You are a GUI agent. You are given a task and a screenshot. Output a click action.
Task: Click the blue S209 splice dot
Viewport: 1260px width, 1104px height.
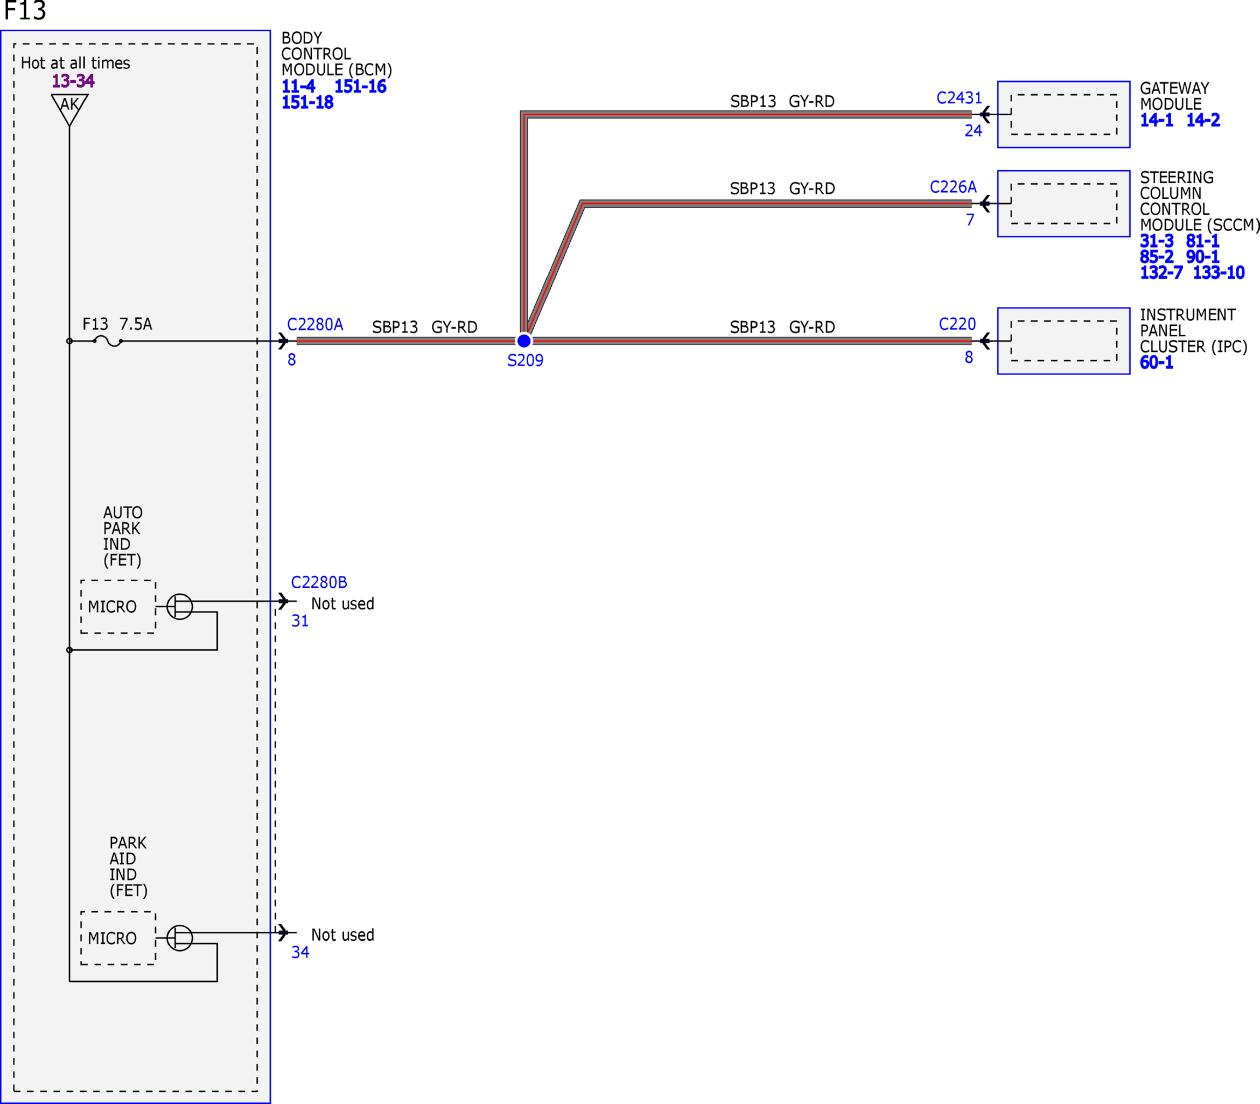524,341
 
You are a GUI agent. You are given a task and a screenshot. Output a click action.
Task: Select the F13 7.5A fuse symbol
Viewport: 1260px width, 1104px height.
108,341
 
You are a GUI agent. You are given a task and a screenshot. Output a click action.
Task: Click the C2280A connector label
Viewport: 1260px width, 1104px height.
315,325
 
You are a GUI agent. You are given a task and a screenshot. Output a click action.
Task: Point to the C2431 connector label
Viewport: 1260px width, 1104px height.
959,98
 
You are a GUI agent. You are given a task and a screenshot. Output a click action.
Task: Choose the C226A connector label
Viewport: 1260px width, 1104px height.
953,187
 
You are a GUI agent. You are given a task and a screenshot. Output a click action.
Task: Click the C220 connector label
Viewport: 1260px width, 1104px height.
957,324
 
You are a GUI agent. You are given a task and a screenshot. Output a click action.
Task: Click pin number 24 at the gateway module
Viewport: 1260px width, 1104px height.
973,131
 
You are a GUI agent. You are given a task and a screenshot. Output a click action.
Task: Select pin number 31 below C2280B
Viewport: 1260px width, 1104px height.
300,621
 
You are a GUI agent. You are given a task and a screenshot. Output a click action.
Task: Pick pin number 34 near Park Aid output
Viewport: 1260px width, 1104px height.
300,952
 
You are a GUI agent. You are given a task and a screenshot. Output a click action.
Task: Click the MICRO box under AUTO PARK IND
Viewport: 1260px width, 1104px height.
118,606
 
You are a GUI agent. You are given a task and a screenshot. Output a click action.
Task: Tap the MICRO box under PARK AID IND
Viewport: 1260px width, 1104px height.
118,938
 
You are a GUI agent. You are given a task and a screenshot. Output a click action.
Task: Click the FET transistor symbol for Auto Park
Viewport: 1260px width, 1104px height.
179,606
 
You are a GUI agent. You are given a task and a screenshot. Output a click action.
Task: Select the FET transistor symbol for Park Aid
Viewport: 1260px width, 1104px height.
179,938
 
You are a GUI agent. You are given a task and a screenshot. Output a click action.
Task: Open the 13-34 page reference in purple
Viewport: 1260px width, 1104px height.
73,80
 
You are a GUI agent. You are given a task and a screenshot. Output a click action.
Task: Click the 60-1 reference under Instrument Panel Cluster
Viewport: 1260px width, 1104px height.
1156,362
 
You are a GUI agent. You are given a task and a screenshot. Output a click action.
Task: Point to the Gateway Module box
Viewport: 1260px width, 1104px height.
1064,114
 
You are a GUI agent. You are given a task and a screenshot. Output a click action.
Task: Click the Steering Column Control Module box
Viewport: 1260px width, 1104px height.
1064,203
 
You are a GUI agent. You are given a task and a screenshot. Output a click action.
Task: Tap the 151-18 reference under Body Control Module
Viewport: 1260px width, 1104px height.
308,102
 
